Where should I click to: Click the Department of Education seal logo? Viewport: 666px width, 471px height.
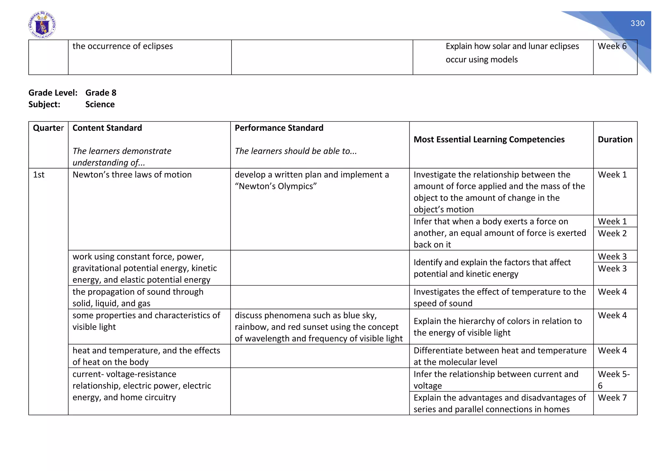point(42,25)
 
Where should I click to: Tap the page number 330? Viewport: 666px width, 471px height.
point(637,23)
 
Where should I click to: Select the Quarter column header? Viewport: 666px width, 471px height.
point(48,128)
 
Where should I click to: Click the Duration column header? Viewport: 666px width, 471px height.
point(615,140)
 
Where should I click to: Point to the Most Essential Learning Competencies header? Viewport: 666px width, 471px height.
point(489,140)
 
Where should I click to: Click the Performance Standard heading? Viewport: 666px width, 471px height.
point(279,128)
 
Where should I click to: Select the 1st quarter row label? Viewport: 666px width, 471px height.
point(39,175)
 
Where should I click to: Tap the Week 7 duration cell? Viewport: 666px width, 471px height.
point(612,398)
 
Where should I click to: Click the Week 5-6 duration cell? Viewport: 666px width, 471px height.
point(613,380)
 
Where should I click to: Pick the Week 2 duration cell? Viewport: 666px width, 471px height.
point(612,234)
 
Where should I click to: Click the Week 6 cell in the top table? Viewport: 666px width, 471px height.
point(612,46)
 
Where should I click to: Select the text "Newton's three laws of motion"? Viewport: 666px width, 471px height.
point(132,175)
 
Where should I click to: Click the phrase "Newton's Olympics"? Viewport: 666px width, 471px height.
point(275,186)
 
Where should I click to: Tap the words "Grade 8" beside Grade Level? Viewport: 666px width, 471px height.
point(101,93)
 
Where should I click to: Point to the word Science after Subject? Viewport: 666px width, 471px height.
point(100,104)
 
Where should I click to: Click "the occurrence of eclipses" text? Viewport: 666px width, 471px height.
point(123,46)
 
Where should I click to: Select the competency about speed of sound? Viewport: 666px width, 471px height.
point(499,297)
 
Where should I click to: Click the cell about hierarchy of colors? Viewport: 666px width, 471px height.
point(497,327)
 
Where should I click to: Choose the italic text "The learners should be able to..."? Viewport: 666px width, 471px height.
point(296,151)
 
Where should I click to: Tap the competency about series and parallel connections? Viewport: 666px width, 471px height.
point(499,403)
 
